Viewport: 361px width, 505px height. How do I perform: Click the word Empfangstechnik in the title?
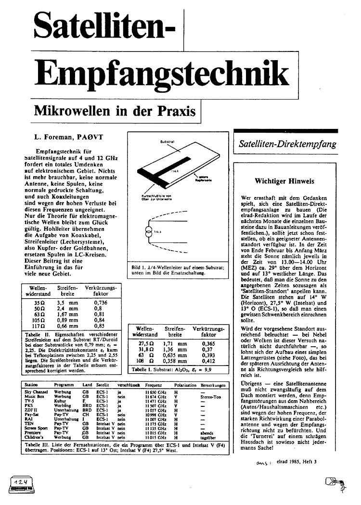pos(164,76)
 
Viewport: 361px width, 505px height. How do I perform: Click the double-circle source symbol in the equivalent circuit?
pos(148,233)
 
